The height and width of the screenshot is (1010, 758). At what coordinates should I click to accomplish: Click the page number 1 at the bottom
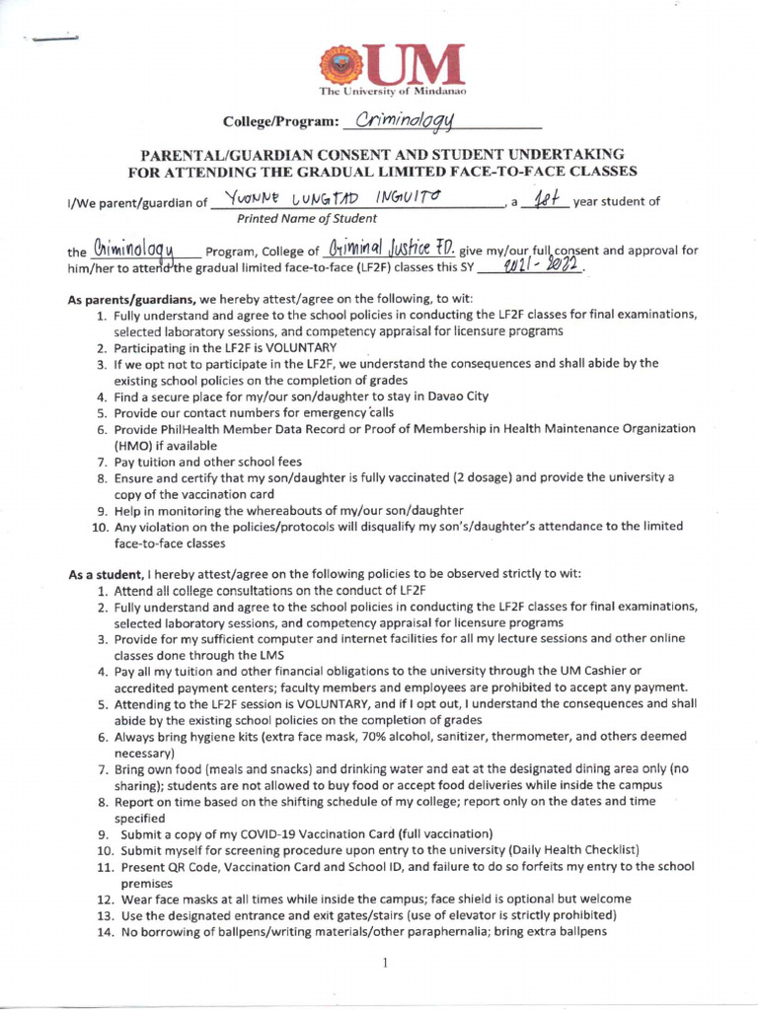pyautogui.click(x=383, y=963)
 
